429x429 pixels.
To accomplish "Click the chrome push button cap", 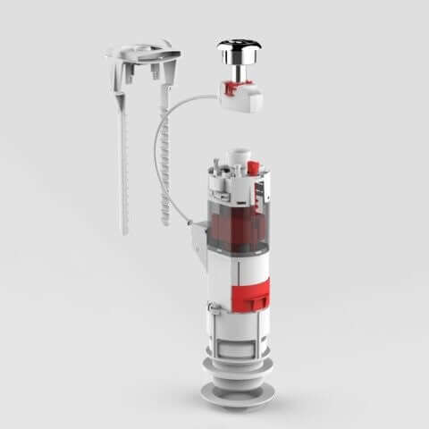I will tap(240, 48).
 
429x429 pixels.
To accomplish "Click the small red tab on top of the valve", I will tap(253, 168).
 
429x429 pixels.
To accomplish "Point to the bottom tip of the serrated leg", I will tap(166, 223).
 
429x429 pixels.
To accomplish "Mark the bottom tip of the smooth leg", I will tap(124, 231).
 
